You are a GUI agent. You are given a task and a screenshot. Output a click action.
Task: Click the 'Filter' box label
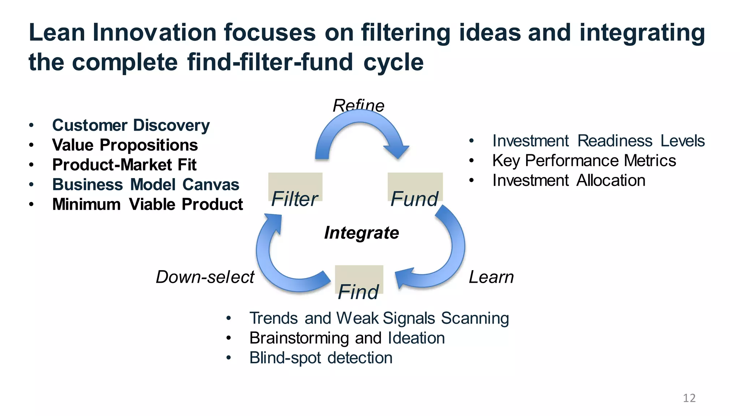[294, 199]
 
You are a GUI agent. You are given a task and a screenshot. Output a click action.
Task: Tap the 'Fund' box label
[414, 199]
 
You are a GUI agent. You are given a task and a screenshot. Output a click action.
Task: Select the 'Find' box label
[358, 292]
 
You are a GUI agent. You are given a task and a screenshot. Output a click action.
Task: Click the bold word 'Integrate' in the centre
[361, 233]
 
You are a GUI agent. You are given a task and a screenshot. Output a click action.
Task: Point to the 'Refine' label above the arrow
[358, 105]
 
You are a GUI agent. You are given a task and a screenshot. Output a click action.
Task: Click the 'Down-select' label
[205, 277]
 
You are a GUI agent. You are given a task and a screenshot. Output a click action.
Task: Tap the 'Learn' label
[491, 277]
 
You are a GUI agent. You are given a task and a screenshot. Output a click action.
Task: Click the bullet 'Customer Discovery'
[131, 125]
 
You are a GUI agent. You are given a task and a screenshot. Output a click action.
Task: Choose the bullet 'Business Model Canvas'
[146, 185]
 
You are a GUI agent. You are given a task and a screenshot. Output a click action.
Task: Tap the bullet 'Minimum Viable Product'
[147, 204]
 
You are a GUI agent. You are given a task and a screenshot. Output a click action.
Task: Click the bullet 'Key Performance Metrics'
[584, 161]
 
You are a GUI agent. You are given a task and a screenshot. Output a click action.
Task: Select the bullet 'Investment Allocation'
[569, 181]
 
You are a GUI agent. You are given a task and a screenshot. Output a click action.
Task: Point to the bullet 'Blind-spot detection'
[321, 358]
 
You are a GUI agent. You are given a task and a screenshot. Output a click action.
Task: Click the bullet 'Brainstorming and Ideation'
[347, 338]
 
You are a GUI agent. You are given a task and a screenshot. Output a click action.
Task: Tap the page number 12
[689, 398]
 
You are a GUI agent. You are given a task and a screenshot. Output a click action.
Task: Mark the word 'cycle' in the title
[393, 62]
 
